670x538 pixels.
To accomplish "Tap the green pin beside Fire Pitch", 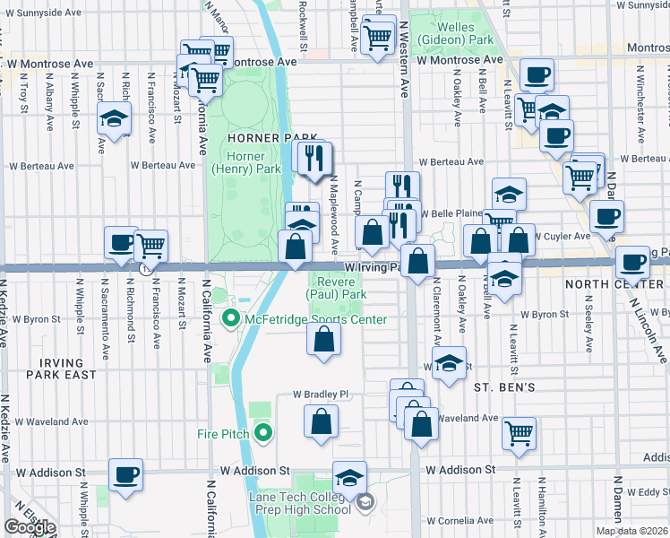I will point(262,434).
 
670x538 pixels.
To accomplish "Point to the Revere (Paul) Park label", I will point(337,287).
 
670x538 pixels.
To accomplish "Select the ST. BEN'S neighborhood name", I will point(504,387).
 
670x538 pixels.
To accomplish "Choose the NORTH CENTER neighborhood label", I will point(614,283).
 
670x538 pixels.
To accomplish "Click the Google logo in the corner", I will point(30,527).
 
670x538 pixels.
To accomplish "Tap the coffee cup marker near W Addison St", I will point(125,474).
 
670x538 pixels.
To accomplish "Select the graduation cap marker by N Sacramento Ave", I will point(114,120).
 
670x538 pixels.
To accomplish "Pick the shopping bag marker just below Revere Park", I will point(324,339).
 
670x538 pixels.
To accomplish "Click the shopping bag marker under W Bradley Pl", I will point(321,421).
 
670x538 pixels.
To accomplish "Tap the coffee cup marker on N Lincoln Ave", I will point(632,262).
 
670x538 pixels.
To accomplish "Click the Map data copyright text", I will point(631,531).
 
